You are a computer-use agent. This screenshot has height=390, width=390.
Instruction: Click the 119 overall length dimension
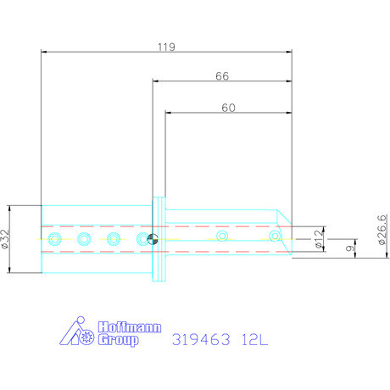165,48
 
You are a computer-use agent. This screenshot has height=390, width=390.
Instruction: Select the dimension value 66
222,76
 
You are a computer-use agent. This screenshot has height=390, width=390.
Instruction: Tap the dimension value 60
227,108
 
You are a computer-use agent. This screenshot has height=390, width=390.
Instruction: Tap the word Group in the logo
118,339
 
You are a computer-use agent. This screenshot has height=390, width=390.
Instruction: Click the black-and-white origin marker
153,239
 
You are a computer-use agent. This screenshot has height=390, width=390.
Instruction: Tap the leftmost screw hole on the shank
56,239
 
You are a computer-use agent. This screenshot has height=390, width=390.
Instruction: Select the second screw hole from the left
84,239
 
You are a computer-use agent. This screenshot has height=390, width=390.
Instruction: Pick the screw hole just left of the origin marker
142,239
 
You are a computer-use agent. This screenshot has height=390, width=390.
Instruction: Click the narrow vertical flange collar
157,240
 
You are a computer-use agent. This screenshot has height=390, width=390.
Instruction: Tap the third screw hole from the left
113,239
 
